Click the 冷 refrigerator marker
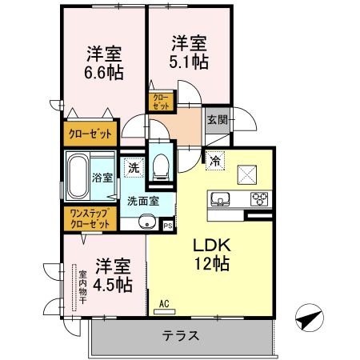pos(214,160)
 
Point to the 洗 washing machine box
pos(133,169)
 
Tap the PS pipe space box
pos(168,226)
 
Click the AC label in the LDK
pos(163,304)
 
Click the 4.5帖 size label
pos(113,283)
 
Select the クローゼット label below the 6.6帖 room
pos(90,132)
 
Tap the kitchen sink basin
pos(219,199)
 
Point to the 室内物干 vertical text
pos(81,290)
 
